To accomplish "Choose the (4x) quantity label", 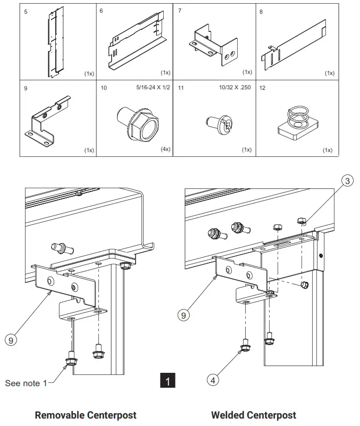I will (165, 150).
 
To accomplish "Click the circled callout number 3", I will (347, 181).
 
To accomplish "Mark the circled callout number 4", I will (212, 380).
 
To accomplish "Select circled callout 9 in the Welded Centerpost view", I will (183, 315).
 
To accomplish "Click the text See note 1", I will (26, 383).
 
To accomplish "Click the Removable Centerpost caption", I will (86, 415).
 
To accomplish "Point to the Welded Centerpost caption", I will (254, 415).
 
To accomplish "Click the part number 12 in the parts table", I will (262, 88).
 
